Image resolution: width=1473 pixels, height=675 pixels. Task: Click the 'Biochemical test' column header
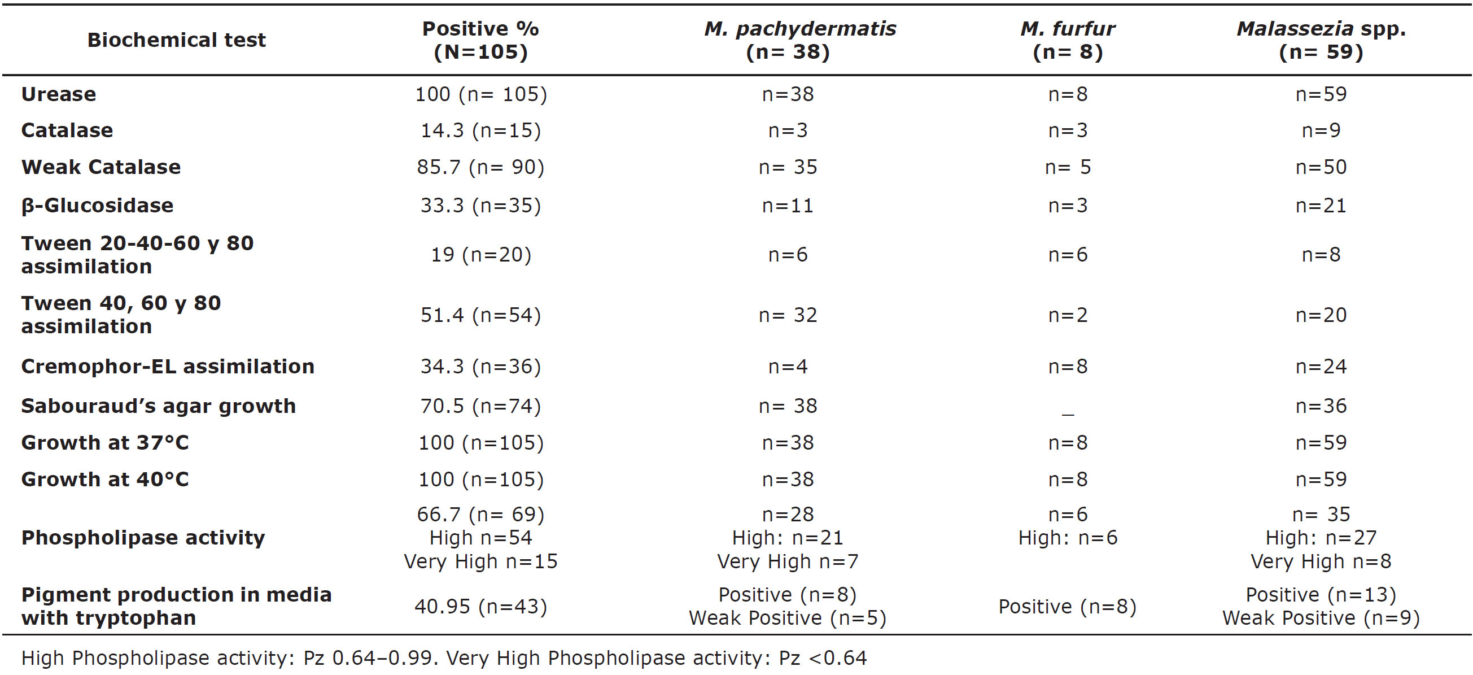(176, 40)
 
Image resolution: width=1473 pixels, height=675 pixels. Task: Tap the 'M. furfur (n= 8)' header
(1067, 40)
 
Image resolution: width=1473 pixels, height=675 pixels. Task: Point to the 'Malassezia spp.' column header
(1321, 29)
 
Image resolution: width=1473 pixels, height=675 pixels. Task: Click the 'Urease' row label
(59, 94)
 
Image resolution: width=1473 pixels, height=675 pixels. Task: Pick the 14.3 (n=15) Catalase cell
(480, 131)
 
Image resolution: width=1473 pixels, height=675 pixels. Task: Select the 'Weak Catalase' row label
(101, 167)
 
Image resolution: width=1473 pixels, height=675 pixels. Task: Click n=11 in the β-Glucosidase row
(788, 206)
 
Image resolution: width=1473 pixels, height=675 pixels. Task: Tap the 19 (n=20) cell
(480, 255)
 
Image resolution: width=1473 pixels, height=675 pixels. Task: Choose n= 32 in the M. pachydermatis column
(788, 315)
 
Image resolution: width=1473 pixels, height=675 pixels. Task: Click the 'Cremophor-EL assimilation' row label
(168, 367)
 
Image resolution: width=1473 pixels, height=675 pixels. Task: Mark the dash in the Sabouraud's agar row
(1067, 412)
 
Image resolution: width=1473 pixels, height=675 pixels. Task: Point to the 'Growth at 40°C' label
(104, 480)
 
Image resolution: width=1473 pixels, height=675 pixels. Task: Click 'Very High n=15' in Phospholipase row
(480, 561)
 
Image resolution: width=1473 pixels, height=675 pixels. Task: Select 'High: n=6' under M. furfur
(1067, 538)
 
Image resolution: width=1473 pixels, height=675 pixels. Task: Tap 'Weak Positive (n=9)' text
(1321, 619)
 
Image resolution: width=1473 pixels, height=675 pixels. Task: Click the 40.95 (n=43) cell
(480, 607)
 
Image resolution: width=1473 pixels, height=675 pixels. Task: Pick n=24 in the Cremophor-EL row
(1321, 367)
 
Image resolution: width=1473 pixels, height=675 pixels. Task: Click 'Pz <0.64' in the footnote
(822, 659)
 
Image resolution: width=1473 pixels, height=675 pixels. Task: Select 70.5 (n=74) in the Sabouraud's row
(480, 406)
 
